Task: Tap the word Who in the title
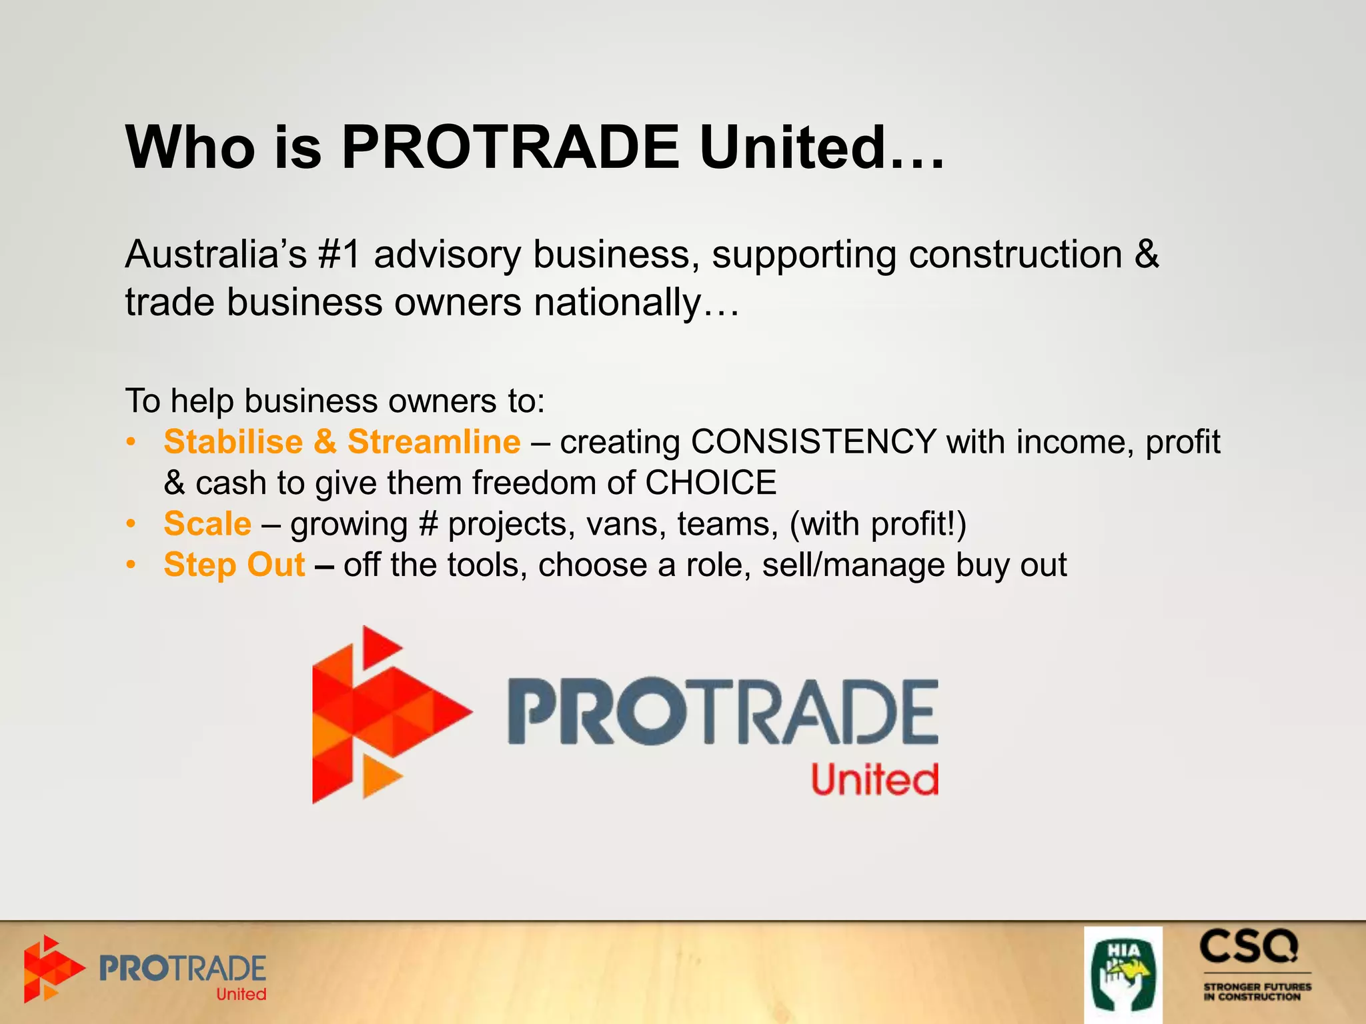point(190,147)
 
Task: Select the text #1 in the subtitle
point(339,255)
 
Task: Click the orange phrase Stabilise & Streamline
point(341,442)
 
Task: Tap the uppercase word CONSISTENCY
point(814,442)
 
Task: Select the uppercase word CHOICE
point(711,483)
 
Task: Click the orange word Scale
point(207,524)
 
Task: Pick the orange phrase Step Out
point(234,565)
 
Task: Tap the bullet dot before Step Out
point(132,565)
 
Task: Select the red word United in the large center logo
point(874,780)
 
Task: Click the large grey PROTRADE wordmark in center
point(722,712)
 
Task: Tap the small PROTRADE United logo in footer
point(145,971)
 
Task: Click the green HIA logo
point(1123,975)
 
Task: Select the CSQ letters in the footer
point(1249,947)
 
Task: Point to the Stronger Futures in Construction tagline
point(1257,991)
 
